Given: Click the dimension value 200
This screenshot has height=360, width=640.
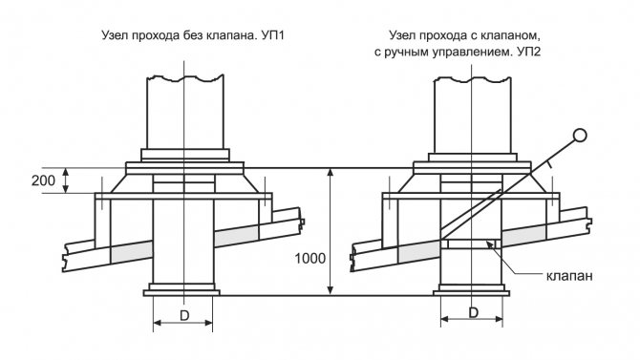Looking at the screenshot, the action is pyautogui.click(x=43, y=180).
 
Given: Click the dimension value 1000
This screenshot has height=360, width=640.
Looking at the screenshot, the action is pyautogui.click(x=310, y=259).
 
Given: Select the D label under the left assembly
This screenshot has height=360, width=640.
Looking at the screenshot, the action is pyautogui.click(x=184, y=315).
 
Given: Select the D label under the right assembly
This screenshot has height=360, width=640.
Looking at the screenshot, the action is pyautogui.click(x=473, y=312).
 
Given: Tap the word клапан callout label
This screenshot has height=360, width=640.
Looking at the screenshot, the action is pyautogui.click(x=569, y=276).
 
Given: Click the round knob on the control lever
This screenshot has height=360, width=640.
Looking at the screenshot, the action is pyautogui.click(x=580, y=135).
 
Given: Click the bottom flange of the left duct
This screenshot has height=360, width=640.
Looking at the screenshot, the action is pyautogui.click(x=181, y=292).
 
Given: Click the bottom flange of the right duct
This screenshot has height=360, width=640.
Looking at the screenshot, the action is pyautogui.click(x=471, y=292).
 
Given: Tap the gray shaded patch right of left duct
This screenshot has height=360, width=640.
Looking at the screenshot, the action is pyautogui.click(x=236, y=236).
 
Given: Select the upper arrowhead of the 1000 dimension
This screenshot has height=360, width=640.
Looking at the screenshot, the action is pyautogui.click(x=331, y=173).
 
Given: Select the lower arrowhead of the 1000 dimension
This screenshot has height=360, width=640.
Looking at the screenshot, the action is pyautogui.click(x=331, y=289).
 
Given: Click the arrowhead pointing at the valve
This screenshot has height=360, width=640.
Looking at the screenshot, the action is pyautogui.click(x=488, y=244).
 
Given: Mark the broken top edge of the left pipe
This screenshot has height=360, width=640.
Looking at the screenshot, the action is pyautogui.click(x=185, y=77).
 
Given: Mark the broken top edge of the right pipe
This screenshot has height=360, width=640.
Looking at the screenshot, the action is pyautogui.click(x=472, y=78).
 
